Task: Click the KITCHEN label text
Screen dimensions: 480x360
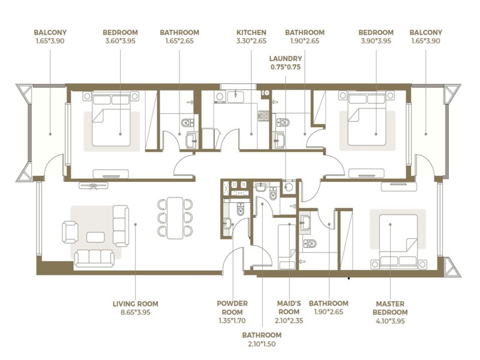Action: pos(251,32)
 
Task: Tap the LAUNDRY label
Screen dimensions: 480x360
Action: pos(286,58)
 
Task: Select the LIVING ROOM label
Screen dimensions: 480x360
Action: pos(136,304)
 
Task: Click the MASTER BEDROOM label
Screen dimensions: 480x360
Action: pos(390,308)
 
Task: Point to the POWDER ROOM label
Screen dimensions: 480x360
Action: pos(232,308)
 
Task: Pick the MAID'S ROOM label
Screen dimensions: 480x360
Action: pos(289,308)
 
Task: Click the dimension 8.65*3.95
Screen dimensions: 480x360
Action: pos(136,313)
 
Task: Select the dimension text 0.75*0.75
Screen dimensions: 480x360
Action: pos(286,67)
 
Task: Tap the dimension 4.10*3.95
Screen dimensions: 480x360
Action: pos(391,321)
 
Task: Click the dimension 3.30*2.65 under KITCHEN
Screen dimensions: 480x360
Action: pos(251,41)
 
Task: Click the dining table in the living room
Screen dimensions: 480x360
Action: pos(175,218)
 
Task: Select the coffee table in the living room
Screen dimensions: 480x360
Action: pos(95,237)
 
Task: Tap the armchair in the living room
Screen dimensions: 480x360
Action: pos(70,232)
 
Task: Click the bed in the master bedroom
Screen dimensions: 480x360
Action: pos(398,242)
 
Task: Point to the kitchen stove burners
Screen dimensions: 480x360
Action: pos(263,115)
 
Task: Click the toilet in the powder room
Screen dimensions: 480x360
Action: pos(241,209)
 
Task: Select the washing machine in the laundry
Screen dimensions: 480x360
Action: pos(288,187)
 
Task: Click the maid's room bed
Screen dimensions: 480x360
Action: pos(287,247)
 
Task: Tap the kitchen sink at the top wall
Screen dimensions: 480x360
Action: pos(235,97)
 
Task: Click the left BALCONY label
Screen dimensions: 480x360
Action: pos(50,32)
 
